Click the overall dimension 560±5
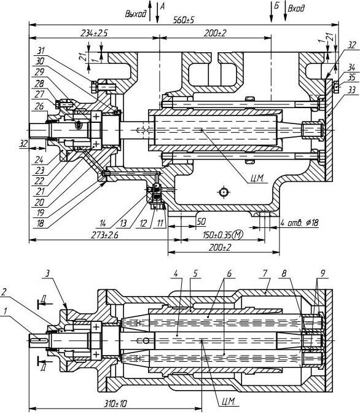pyautogui.click(x=184, y=20)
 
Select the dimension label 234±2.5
pyautogui.click(x=94, y=33)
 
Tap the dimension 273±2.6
pyautogui.click(x=105, y=235)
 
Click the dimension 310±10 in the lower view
pyautogui.click(x=115, y=404)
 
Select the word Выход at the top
pyautogui.click(x=136, y=14)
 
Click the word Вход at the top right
pyautogui.click(x=296, y=9)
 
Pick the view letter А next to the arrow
pyautogui.click(x=162, y=7)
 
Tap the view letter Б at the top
pyautogui.click(x=276, y=6)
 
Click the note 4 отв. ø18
pyautogui.click(x=299, y=223)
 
